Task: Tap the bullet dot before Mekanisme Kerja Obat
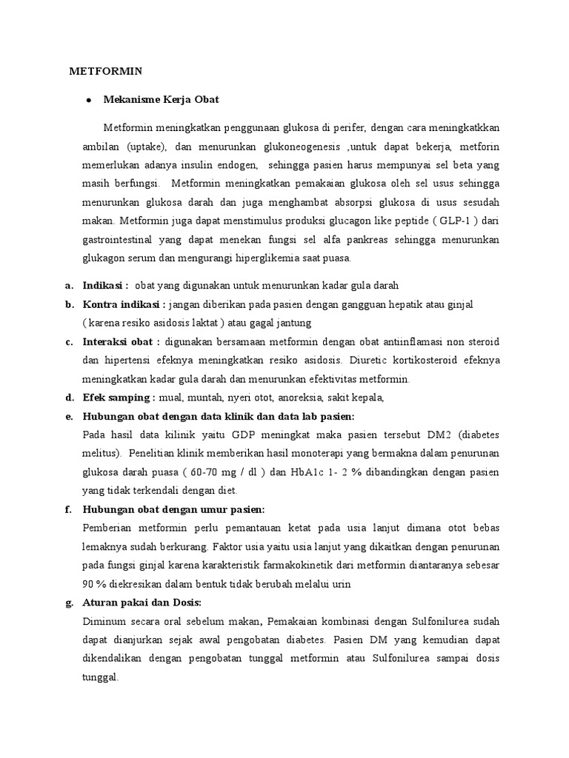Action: coord(88,99)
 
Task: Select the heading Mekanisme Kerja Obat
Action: coord(162,99)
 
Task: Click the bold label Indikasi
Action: coord(104,285)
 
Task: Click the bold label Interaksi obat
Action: coord(122,342)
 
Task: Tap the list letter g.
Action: coord(69,603)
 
